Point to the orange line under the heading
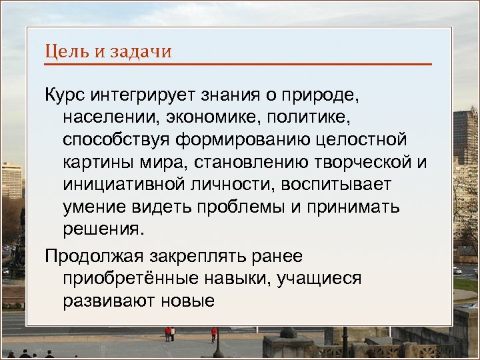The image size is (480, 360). pyautogui.click(x=238, y=64)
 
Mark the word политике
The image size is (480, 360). pyautogui.click(x=313, y=119)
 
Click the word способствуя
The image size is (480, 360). pyautogui.click(x=119, y=141)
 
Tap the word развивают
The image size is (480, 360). pyautogui.click(x=109, y=300)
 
